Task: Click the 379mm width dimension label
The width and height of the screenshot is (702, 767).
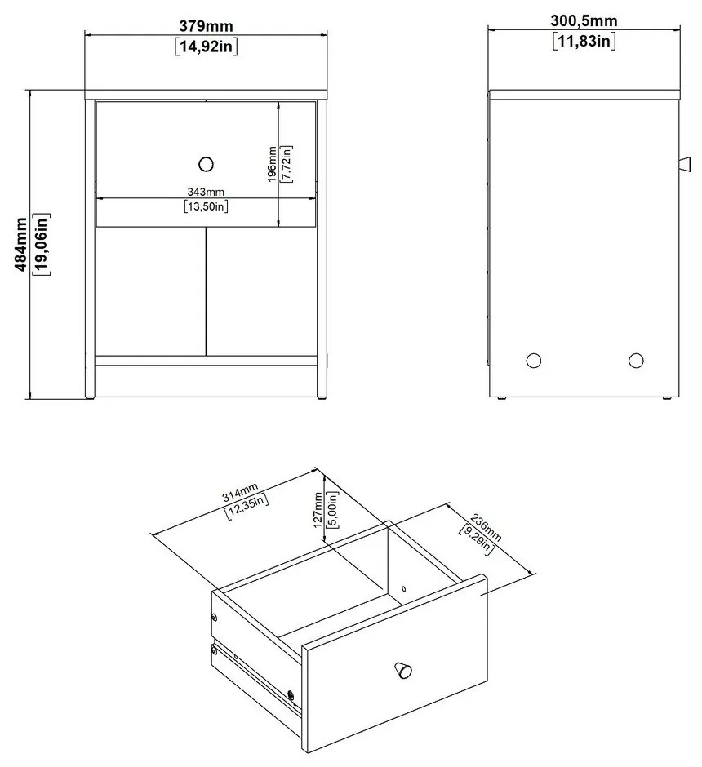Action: pyautogui.click(x=206, y=25)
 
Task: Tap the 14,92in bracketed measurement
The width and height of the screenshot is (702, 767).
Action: pyautogui.click(x=206, y=47)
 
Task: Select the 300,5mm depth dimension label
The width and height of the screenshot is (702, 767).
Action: pyautogui.click(x=584, y=20)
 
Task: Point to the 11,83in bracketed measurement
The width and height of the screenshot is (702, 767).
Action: pyautogui.click(x=584, y=41)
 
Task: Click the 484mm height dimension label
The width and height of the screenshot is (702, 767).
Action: pyautogui.click(x=21, y=244)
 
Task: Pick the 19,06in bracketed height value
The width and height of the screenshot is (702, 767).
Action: pyautogui.click(x=41, y=244)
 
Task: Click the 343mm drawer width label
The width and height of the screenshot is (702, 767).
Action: pyautogui.click(x=206, y=192)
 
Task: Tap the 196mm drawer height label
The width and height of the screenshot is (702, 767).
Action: pyautogui.click(x=272, y=164)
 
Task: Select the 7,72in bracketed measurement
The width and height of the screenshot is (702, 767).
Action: pyautogui.click(x=286, y=164)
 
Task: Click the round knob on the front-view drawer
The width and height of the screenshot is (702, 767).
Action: pyautogui.click(x=207, y=164)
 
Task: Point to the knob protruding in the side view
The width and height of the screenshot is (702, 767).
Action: pyautogui.click(x=685, y=164)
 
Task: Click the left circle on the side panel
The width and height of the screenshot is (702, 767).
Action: pyautogui.click(x=533, y=361)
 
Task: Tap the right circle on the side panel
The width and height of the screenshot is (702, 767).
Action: pyautogui.click(x=635, y=361)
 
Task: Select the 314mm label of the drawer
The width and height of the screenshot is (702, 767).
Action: pyautogui.click(x=240, y=493)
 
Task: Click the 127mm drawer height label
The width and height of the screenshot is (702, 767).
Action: pyautogui.click(x=318, y=510)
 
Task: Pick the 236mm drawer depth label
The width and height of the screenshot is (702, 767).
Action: pyautogui.click(x=486, y=527)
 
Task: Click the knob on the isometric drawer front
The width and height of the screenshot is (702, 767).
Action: pyautogui.click(x=403, y=670)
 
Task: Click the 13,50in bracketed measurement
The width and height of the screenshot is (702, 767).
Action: pyautogui.click(x=206, y=206)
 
